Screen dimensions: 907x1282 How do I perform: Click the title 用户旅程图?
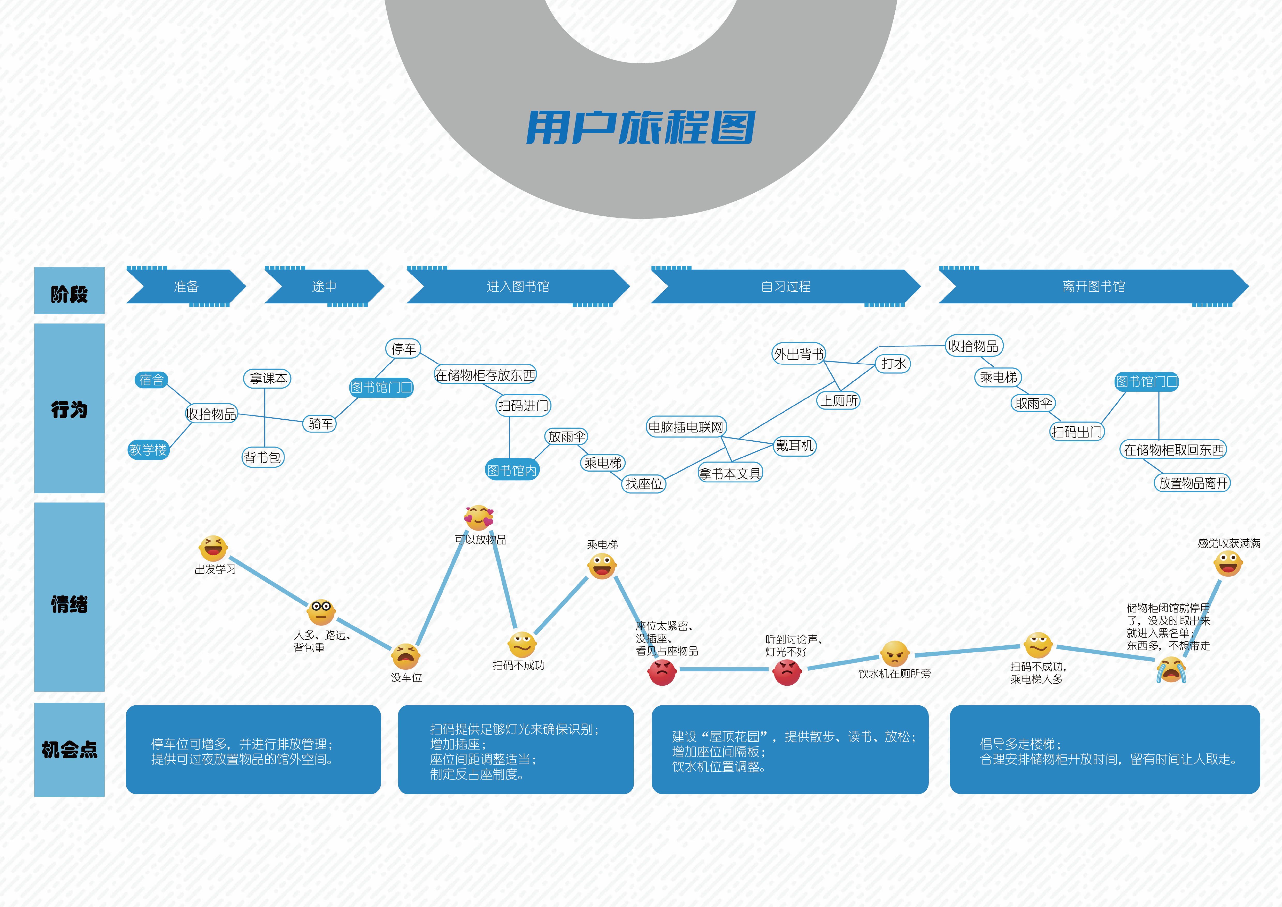[640, 127]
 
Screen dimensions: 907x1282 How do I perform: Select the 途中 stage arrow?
[324, 286]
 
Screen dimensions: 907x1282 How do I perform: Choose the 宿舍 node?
[151, 380]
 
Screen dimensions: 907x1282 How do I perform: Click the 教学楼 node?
[148, 450]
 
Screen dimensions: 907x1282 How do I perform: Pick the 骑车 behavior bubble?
[320, 423]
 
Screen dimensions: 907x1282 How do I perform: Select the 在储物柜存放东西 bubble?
[485, 375]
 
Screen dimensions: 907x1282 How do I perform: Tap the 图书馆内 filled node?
[511, 470]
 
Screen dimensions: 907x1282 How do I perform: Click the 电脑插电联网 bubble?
[686, 427]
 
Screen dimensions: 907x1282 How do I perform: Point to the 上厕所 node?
[839, 400]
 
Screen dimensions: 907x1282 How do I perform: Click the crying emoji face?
[1170, 670]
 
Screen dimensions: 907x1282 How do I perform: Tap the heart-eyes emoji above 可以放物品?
[479, 518]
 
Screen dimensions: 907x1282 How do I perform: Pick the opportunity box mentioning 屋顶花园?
[789, 750]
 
